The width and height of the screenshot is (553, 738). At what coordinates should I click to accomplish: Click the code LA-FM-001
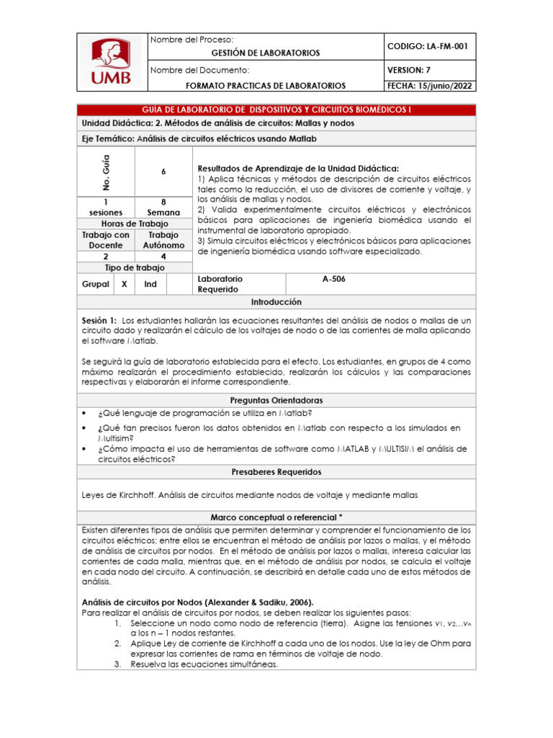tap(427, 46)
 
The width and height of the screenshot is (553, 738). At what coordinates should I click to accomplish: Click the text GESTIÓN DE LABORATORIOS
tap(265, 53)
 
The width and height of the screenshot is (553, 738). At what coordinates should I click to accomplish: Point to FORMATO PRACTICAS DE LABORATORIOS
tap(265, 85)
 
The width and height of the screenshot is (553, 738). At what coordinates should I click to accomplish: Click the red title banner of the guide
tap(276, 110)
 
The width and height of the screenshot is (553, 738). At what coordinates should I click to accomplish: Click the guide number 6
tap(163, 172)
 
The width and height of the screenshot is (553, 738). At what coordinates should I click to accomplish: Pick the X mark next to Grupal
tap(124, 284)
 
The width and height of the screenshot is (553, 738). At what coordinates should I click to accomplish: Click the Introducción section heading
tap(276, 302)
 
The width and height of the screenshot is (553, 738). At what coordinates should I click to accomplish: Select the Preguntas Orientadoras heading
tap(276, 400)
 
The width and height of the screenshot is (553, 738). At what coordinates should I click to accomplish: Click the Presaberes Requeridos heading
tap(276, 472)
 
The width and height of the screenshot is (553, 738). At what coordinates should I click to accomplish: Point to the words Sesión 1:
tap(100, 320)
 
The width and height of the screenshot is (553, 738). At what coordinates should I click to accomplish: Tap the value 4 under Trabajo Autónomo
tap(163, 256)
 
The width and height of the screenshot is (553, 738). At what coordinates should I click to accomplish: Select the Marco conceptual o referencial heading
tap(276, 517)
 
